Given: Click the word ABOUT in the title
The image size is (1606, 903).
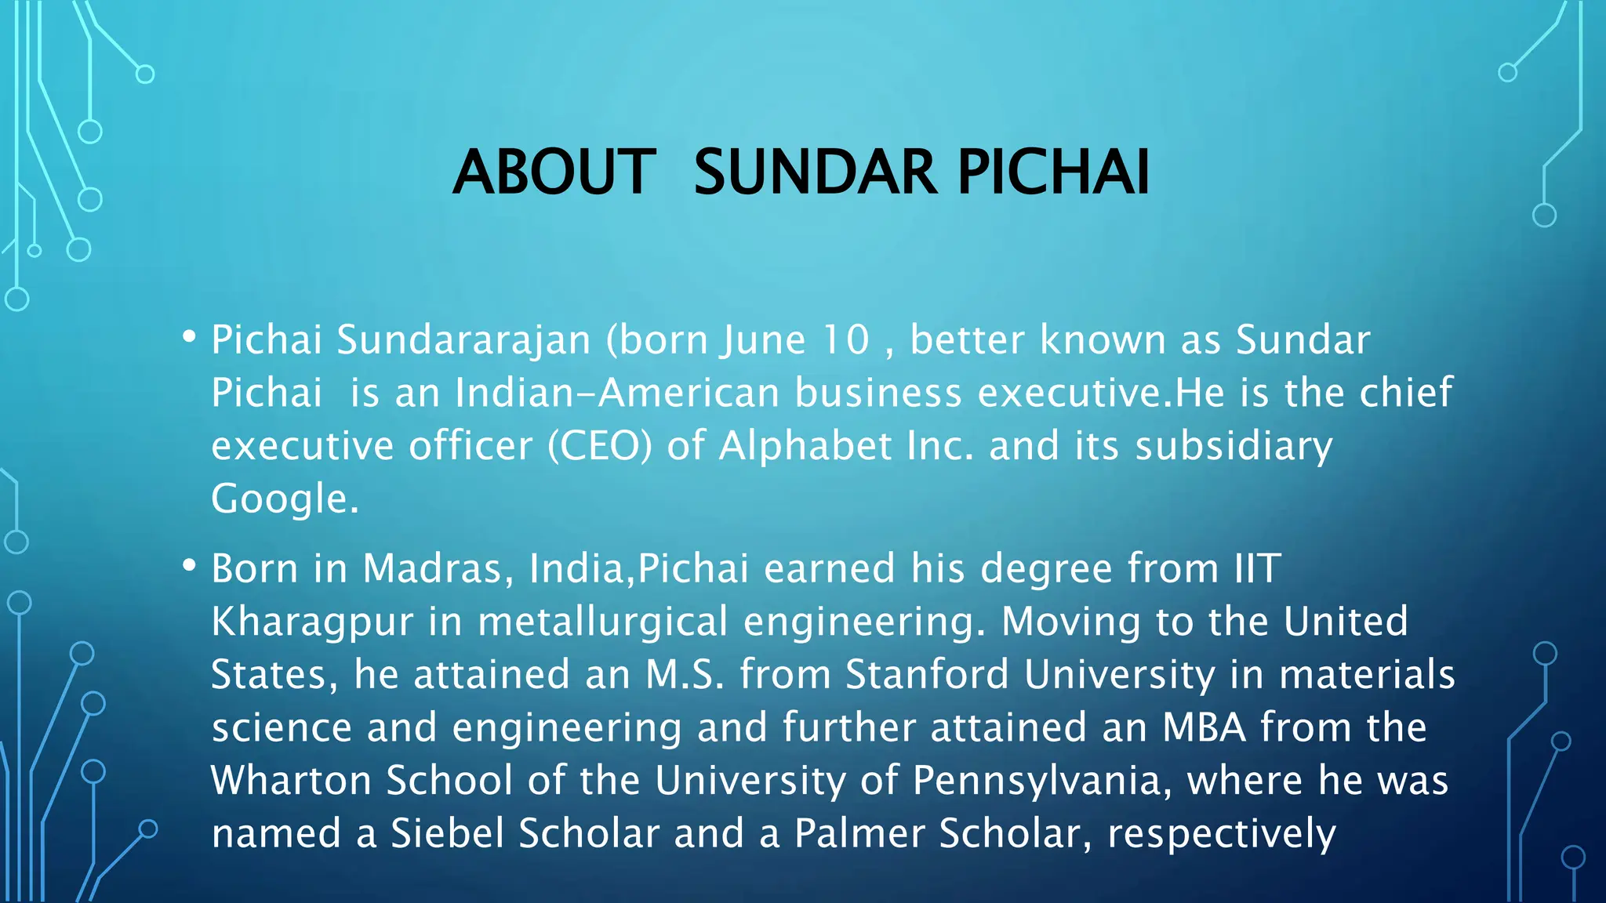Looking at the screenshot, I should point(554,172).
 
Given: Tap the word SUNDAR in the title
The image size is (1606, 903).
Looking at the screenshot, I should point(816,172).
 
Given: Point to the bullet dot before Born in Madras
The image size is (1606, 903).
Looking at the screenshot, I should point(189,566).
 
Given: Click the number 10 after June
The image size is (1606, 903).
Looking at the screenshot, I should point(846,340).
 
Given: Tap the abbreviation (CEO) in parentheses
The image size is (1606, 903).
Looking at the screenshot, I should point(600,446).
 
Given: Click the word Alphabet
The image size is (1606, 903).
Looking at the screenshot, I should point(805,446).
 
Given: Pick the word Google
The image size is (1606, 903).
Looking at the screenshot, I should point(285,499).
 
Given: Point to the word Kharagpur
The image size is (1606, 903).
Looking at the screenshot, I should point(312,622).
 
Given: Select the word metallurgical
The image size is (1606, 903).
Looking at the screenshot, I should point(603,622).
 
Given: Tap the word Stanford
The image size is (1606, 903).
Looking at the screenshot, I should point(927,675).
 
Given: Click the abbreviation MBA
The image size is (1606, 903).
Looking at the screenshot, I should point(1204,727).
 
